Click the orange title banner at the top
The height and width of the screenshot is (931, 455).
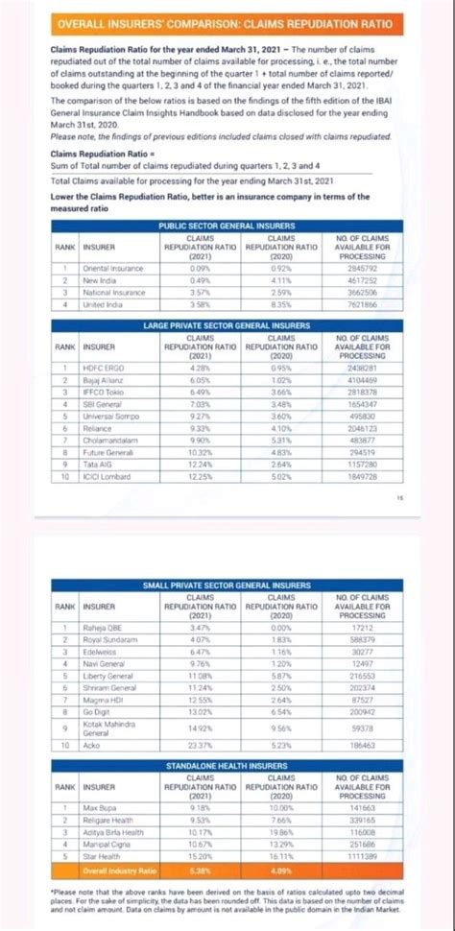(x=227, y=22)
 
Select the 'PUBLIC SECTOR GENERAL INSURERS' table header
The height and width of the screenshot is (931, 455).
(x=227, y=225)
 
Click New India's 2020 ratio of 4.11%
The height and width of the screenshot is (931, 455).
(x=281, y=279)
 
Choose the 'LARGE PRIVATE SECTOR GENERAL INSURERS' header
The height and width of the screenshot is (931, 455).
(x=227, y=326)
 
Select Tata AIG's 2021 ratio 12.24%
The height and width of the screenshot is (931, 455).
(x=200, y=465)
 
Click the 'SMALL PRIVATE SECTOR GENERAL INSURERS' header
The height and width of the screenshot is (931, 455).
(x=227, y=585)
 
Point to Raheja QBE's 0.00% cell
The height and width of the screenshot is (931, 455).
(x=281, y=627)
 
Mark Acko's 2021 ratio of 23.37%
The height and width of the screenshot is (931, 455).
(x=200, y=745)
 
